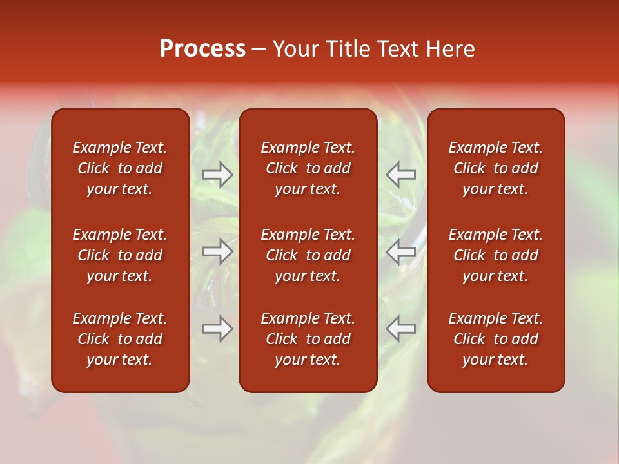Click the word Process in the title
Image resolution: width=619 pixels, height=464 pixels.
pos(202,49)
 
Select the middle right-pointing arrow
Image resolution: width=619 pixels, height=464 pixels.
pos(218,252)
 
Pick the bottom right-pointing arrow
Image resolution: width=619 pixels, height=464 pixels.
pos(218,329)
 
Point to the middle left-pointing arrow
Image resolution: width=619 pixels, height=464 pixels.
pos(400,252)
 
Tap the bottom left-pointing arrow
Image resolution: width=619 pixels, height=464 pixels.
pos(400,329)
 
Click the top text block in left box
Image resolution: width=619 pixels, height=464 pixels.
pos(120,168)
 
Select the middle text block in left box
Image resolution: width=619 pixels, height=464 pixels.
pos(120,255)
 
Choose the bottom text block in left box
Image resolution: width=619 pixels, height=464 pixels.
pos(120,339)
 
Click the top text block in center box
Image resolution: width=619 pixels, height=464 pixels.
pos(308,168)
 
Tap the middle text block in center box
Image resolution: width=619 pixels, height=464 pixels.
pos(308,255)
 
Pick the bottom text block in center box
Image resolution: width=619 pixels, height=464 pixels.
pos(308,339)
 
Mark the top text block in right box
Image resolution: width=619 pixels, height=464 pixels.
pos(495,168)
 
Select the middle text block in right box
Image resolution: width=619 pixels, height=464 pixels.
pos(495,255)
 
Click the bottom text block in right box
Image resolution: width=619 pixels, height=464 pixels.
pos(495,339)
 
